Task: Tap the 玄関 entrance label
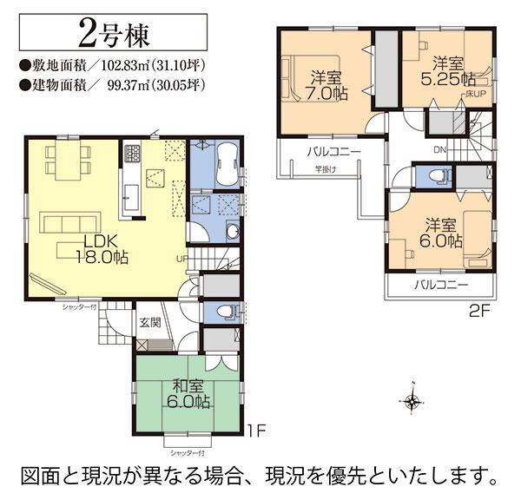[150, 322]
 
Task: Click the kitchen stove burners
[133, 155]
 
